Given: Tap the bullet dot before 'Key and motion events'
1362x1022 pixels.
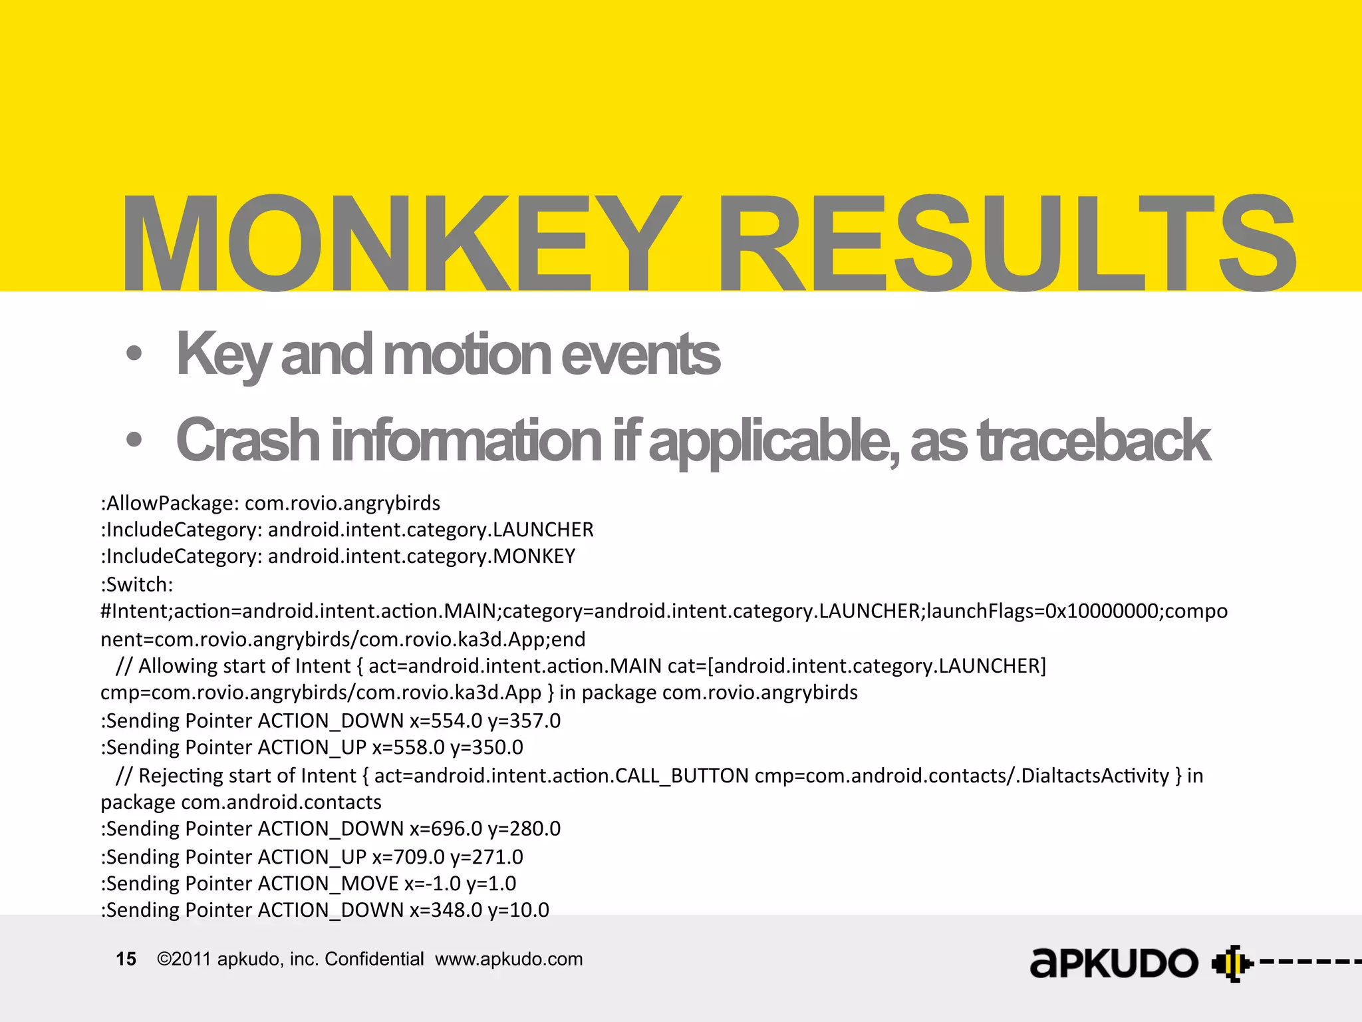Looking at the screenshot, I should pos(134,354).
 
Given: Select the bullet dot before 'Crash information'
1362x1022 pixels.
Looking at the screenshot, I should pos(134,440).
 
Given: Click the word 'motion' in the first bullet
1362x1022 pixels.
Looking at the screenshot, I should pos(466,354).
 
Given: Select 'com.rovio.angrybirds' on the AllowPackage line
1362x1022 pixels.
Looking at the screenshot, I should pos(342,503).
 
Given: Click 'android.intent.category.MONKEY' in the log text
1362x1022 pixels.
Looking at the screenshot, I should pos(422,556).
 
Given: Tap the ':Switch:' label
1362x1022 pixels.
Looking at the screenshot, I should pos(137,584).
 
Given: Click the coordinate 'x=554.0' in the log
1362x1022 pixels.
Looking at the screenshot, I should pos(446,721).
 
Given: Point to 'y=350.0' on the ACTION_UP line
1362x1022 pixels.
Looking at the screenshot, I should pos(487,747).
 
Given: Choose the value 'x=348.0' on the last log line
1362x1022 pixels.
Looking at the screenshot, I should pos(446,910).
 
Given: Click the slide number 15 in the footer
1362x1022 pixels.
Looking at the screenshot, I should pos(126,959).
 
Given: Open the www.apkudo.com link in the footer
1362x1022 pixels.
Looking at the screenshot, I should pos(509,959).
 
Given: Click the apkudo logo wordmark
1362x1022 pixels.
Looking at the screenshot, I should pos(1114,963).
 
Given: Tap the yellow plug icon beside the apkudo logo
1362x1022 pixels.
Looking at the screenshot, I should pos(1231,963).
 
